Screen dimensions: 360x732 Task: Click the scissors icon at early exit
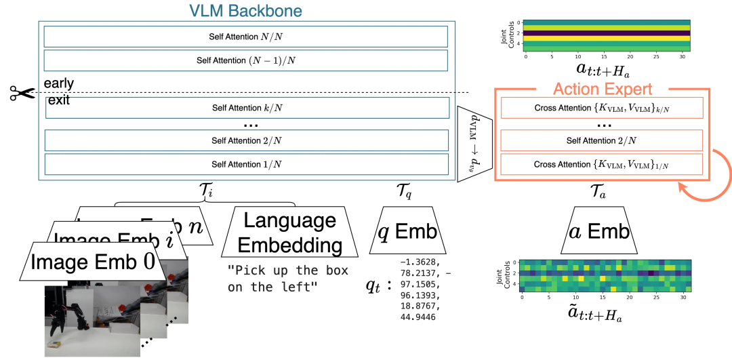pos(21,94)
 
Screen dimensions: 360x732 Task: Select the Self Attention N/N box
pos(245,36)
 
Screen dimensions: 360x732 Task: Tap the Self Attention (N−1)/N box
pos(245,60)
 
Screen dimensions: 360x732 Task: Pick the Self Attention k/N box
pos(245,108)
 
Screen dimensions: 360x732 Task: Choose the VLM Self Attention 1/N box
pos(245,165)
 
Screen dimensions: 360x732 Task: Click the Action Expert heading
pos(602,89)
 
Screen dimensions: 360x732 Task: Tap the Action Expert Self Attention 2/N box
pos(601,140)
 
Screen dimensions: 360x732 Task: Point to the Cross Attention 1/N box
pos(601,165)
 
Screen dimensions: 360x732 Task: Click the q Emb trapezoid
pos(406,233)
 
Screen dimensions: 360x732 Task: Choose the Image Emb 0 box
pos(94,262)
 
